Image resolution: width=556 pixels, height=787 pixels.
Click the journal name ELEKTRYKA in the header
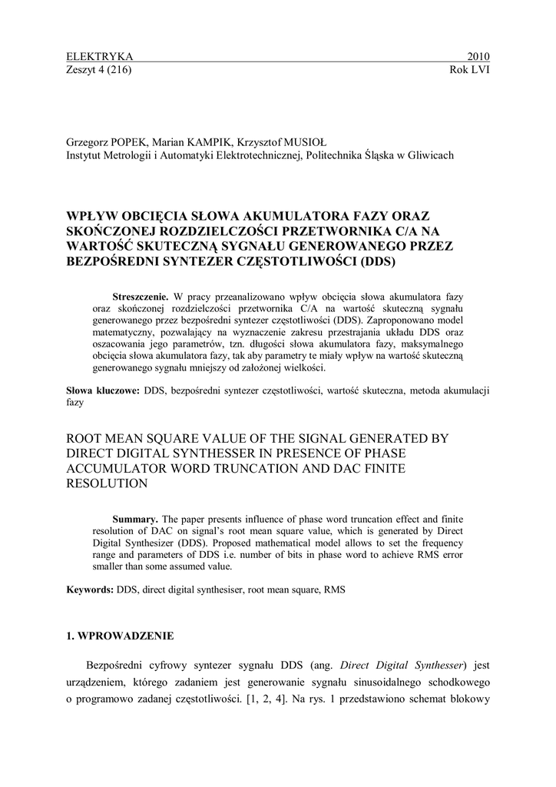click(101, 57)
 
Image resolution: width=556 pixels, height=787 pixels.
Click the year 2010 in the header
click(478, 57)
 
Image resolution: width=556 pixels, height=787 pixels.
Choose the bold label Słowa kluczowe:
click(104, 390)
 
